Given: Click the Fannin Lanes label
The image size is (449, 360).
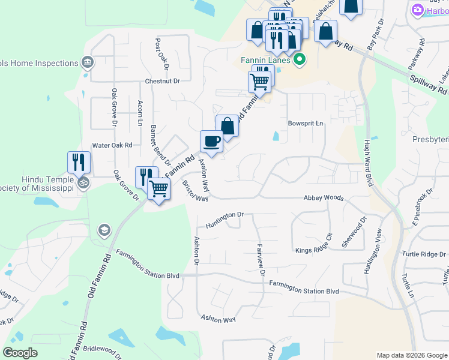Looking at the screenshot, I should click(x=266, y=60).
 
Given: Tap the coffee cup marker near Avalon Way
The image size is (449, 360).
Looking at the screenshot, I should click(x=211, y=141).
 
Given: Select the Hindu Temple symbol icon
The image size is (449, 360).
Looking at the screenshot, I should click(x=83, y=182).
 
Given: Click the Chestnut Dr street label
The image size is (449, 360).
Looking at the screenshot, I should click(x=162, y=81).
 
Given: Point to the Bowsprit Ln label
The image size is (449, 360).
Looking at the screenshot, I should click(x=306, y=123).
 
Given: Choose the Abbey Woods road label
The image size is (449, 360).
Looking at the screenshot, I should click(x=324, y=197).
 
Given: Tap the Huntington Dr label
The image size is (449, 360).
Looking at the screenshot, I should click(x=224, y=215).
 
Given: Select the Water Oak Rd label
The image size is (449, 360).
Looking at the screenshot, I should click(x=112, y=145).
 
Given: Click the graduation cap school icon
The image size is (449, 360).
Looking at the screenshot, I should click(x=104, y=230).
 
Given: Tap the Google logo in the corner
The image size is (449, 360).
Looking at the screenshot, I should click(x=20, y=353).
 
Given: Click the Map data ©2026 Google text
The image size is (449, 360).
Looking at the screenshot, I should click(x=411, y=355).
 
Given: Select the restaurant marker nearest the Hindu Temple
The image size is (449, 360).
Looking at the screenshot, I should click(x=79, y=162).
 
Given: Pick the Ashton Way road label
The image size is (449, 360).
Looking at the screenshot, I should click(x=218, y=319).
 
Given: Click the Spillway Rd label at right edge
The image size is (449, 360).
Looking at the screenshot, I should click(x=429, y=84).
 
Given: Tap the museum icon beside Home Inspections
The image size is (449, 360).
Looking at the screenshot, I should click(x=88, y=62).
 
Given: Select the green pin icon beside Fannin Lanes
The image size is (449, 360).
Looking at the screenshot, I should click(x=299, y=59).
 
